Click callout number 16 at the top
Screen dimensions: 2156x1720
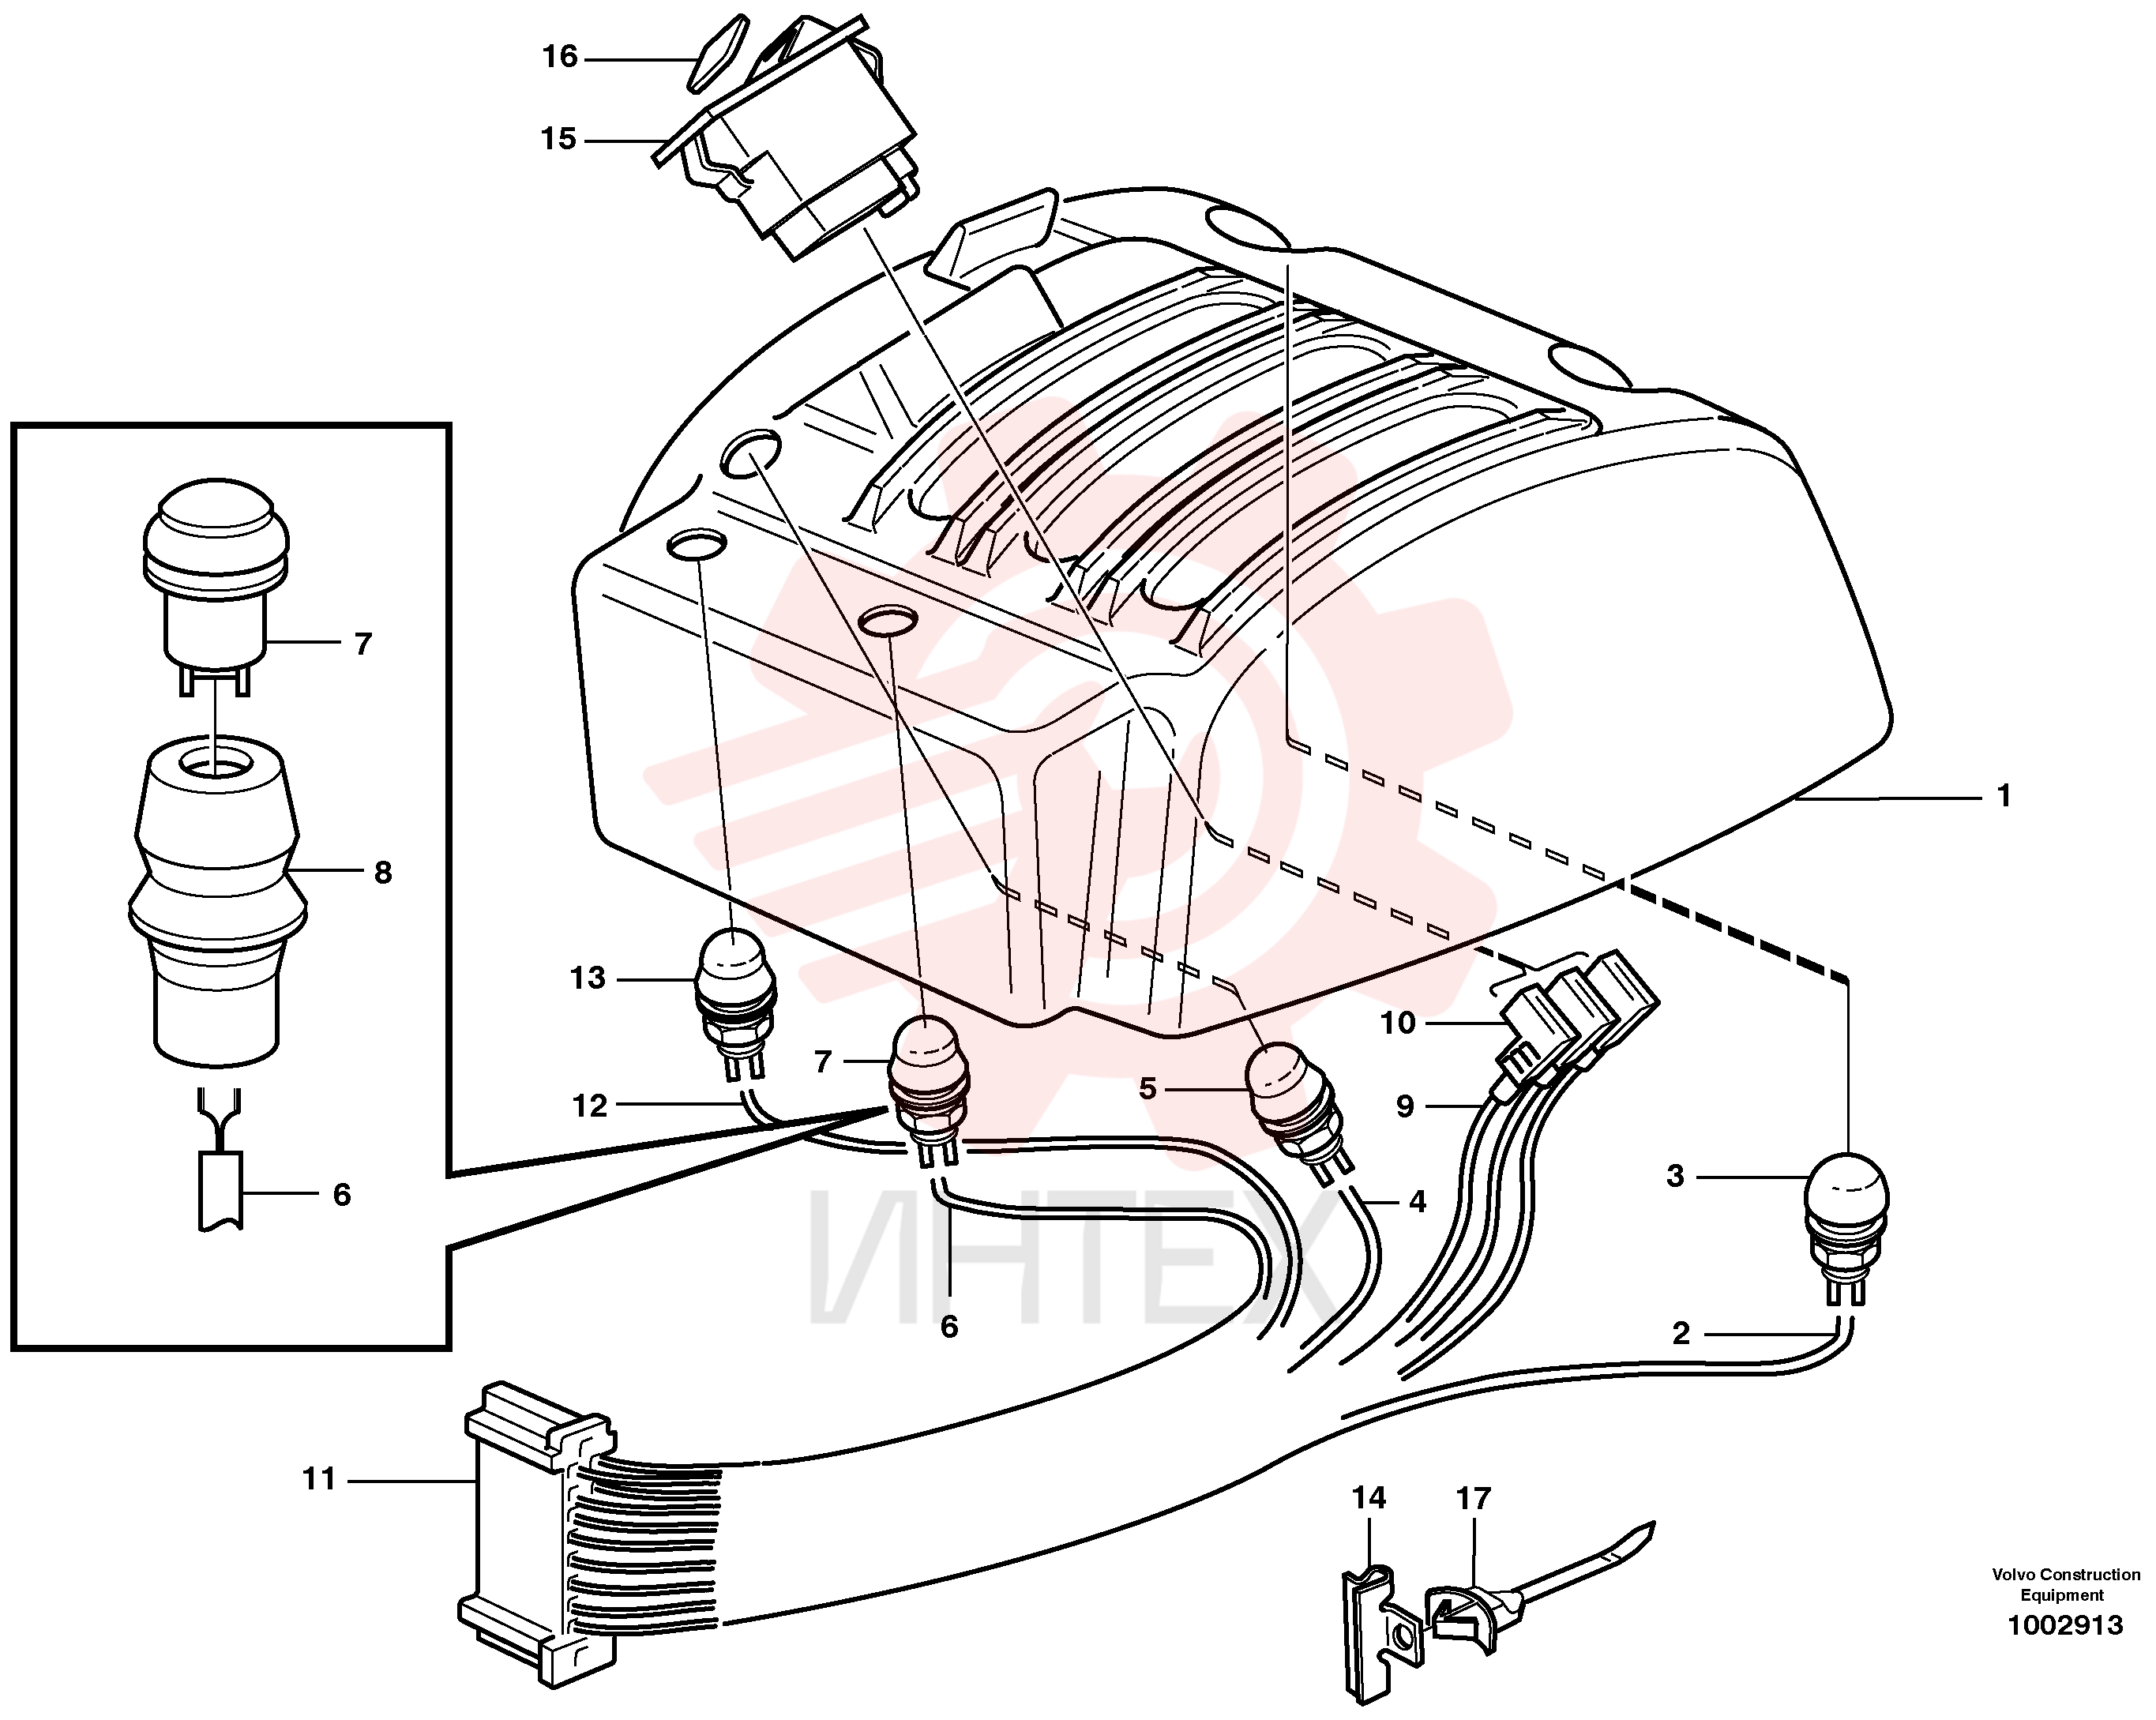[560, 57]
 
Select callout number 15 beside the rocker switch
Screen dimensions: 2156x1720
[559, 138]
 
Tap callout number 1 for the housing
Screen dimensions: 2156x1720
[2003, 796]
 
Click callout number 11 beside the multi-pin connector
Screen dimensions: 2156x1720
[319, 1478]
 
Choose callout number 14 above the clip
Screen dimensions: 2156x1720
[1369, 1498]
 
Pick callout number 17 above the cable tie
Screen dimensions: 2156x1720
[1473, 1498]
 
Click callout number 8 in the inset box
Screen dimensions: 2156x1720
[383, 873]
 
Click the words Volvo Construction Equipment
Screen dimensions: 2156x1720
[2065, 1585]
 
